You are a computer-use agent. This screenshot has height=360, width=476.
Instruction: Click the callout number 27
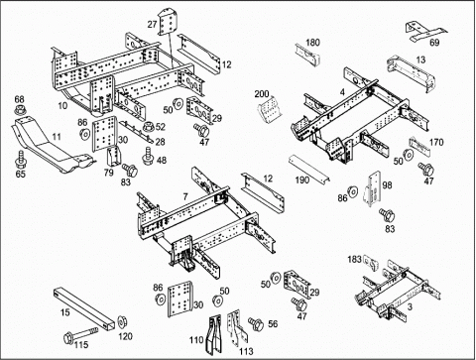point(152,24)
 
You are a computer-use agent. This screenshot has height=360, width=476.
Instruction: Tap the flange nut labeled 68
point(21,110)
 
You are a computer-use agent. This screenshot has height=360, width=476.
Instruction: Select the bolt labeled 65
point(21,160)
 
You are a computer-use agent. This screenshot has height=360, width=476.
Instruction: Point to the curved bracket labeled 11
point(50,146)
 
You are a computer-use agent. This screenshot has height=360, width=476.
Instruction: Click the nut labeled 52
point(149,127)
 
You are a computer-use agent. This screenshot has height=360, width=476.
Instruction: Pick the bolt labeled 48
point(148,156)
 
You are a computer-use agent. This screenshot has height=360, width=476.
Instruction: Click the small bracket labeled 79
point(112,156)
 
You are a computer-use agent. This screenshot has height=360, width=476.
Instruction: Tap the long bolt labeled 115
point(80,335)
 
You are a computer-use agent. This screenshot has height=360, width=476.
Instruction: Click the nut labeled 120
point(123,321)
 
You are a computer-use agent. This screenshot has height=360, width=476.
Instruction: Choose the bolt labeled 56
point(256,324)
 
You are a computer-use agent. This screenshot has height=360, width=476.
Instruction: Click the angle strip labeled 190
point(308,169)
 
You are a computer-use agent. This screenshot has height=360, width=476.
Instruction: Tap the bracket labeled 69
point(425,32)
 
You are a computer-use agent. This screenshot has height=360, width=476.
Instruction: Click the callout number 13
point(420,60)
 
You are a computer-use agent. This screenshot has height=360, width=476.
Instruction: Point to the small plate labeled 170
point(419,147)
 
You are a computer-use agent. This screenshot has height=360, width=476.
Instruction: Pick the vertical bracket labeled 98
point(373,189)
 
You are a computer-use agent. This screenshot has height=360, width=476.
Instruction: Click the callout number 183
point(354,259)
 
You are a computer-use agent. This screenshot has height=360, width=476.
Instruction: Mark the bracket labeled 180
point(307,54)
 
